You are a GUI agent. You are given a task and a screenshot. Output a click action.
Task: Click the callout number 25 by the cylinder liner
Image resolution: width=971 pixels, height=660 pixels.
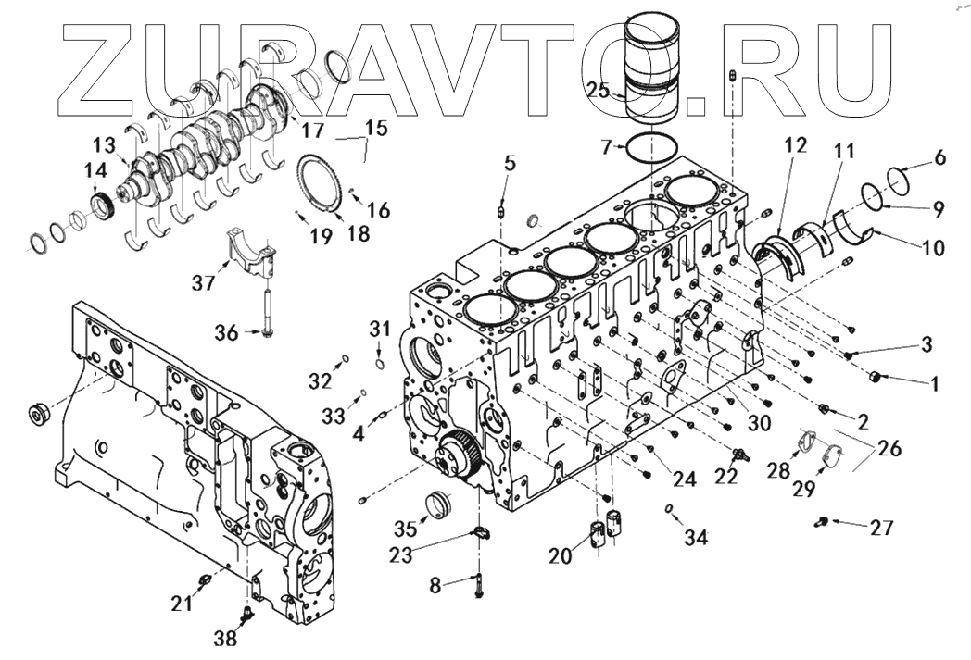point(598,90)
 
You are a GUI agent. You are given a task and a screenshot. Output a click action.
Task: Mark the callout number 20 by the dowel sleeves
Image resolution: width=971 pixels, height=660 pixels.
point(560,555)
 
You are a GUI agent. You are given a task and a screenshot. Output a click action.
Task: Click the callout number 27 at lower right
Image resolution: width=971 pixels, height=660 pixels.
point(881,528)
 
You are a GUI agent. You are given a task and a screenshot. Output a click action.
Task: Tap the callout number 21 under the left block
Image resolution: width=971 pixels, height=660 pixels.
point(182,604)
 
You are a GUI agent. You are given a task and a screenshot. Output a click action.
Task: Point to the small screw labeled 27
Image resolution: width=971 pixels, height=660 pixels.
point(822,524)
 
